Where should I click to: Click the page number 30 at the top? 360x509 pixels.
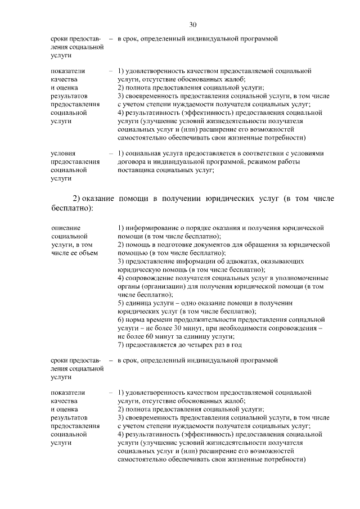coord(193,25)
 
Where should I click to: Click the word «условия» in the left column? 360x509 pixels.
coord(63,154)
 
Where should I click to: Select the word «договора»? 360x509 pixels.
coord(132,162)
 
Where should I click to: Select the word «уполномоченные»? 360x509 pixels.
coord(299,278)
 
